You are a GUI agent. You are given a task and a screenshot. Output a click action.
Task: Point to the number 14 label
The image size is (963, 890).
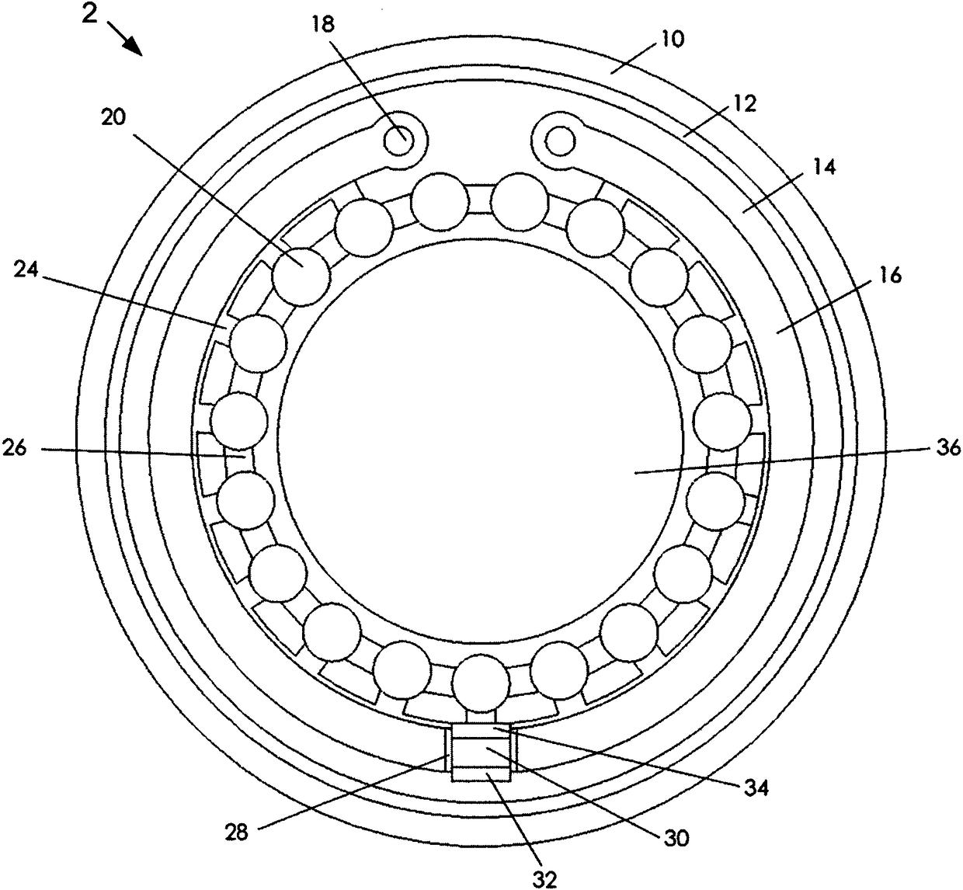point(824,166)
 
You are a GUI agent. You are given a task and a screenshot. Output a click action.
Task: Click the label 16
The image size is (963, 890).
point(891,275)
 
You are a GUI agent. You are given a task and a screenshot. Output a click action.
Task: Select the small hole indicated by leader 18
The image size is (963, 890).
point(402,141)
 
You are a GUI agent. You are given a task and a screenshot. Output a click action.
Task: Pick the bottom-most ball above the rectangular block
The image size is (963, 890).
point(481,683)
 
